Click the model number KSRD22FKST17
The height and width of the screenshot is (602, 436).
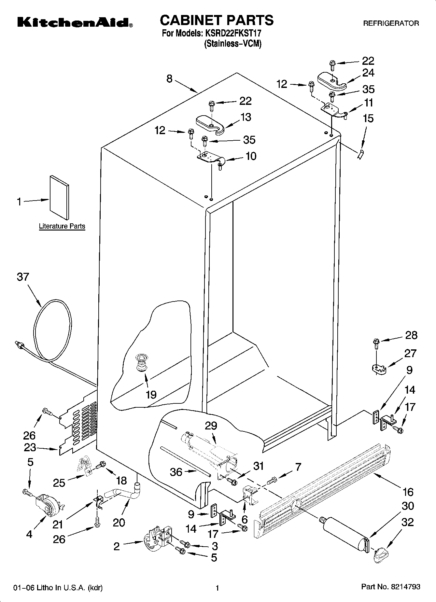[x=232, y=33]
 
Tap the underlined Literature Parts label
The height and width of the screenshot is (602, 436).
[x=62, y=226]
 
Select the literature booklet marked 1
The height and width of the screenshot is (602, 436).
[x=59, y=198]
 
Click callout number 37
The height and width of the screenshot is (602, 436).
[x=23, y=277]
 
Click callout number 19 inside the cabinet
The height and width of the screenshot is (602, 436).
[x=151, y=395]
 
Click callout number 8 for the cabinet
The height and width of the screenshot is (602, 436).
[x=169, y=78]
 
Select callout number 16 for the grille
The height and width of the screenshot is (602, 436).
[x=408, y=492]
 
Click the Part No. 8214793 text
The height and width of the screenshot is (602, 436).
[x=390, y=587]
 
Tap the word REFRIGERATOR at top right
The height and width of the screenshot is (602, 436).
[x=391, y=23]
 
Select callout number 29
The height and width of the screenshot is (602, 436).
[x=211, y=426]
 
